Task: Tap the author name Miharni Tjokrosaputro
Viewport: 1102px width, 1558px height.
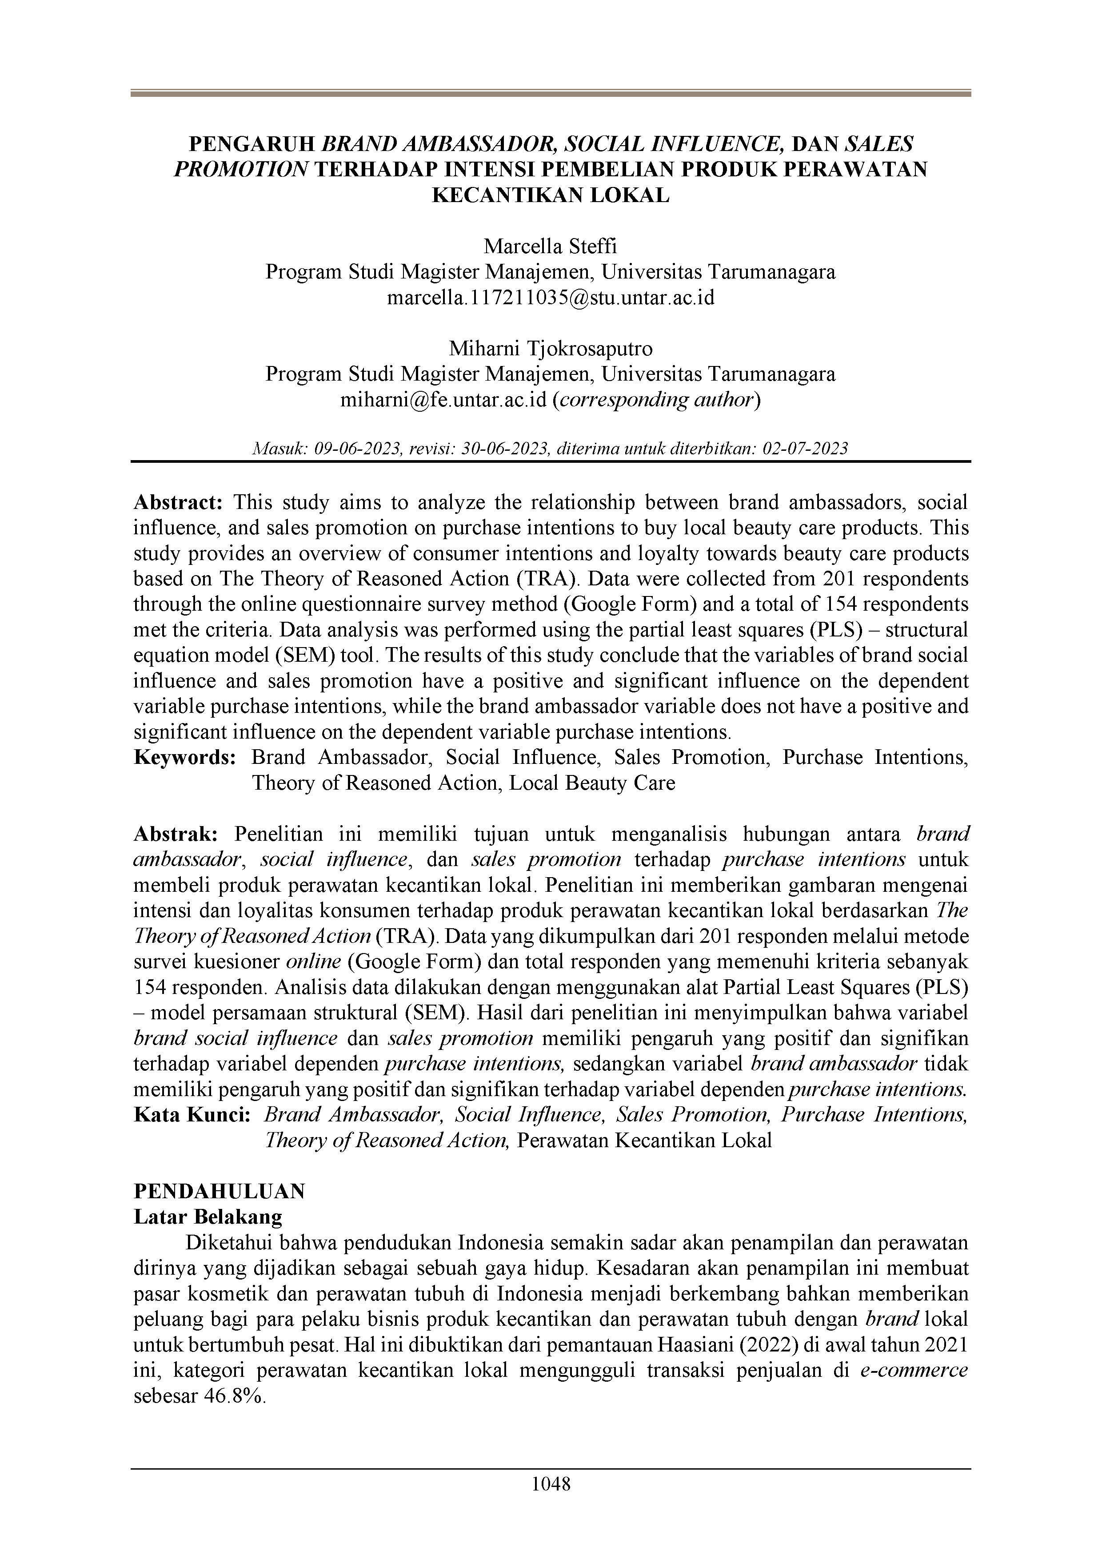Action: [x=551, y=348]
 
